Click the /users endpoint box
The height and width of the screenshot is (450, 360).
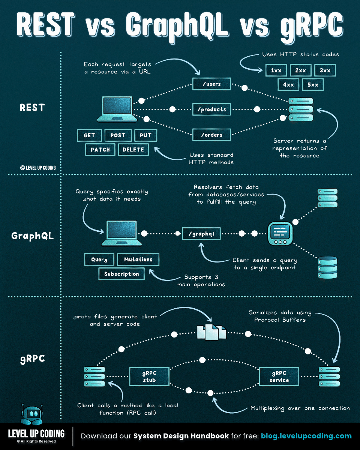coord(211,84)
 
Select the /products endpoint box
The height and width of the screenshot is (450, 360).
coord(211,109)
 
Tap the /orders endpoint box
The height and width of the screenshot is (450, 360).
coord(211,135)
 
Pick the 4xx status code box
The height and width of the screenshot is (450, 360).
coord(288,85)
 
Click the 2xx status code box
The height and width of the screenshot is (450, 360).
coord(300,70)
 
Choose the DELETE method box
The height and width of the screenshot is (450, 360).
coord(133,150)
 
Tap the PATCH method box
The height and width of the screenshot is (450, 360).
coord(100,150)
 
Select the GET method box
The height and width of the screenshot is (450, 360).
coord(89,135)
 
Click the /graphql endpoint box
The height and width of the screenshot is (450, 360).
coord(201,234)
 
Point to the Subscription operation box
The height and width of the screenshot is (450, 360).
coord(121,274)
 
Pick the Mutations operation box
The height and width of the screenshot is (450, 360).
coord(138,259)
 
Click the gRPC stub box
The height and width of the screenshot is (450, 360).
coord(149,377)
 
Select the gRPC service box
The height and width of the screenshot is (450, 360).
coord(279,377)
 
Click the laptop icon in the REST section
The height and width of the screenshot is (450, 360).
coord(115,109)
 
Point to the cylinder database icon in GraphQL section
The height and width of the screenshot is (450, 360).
coord(327,267)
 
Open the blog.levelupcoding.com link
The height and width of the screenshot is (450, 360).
coord(306,436)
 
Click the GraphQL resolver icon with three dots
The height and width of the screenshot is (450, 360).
coord(280,233)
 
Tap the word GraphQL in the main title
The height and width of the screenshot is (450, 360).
coord(178,25)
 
